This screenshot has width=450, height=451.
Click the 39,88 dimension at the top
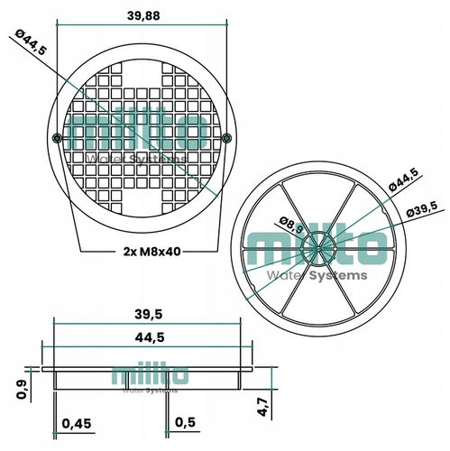(143, 16)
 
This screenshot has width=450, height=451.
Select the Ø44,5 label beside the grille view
(32, 42)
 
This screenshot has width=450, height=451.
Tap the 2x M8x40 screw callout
(152, 251)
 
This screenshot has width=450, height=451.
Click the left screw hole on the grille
(57, 138)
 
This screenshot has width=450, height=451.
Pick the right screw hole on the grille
(226, 138)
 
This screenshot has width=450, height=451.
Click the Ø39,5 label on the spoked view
(422, 210)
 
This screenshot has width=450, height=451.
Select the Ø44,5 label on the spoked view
(403, 179)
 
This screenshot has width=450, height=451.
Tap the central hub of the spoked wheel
(318, 248)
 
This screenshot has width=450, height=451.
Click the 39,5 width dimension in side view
(149, 314)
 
